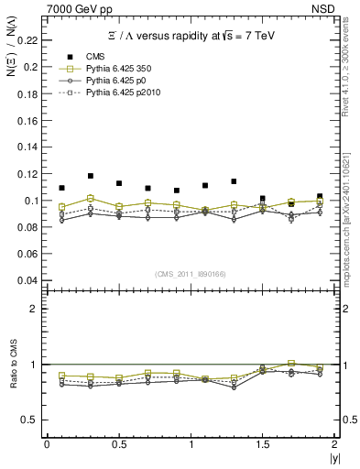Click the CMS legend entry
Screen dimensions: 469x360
(x=96, y=55)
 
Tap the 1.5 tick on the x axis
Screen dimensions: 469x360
(x=263, y=444)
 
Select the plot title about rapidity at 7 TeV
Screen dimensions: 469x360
(x=189, y=37)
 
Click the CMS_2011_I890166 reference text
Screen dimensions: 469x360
(x=191, y=273)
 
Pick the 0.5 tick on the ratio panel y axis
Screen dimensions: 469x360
(x=33, y=420)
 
